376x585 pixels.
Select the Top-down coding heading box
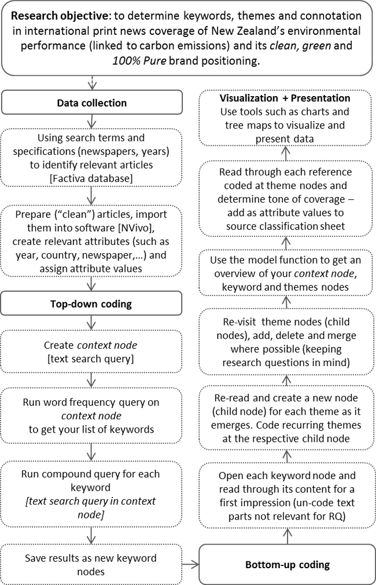click(x=92, y=303)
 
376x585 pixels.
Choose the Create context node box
click(x=92, y=353)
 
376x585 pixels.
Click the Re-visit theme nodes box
click(x=286, y=342)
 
